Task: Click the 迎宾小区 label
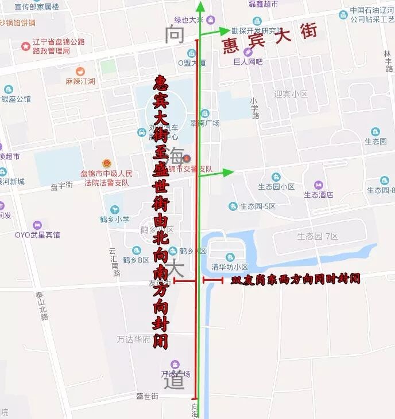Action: pos(292,94)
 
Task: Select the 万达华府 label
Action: pos(133,339)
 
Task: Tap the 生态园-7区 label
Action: pos(317,236)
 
